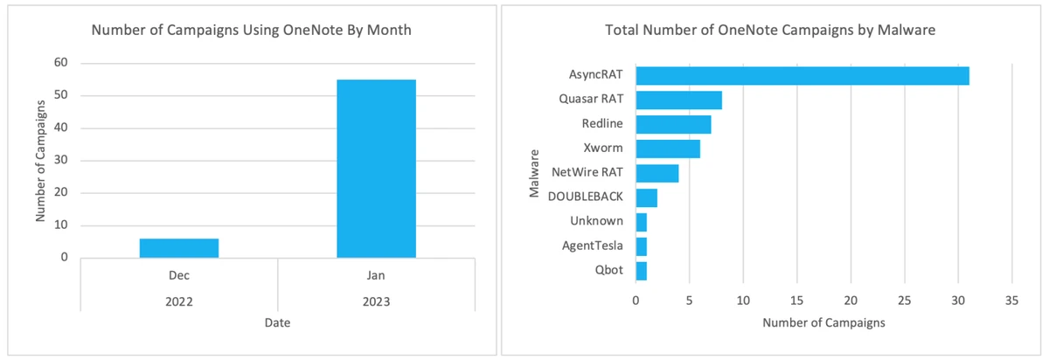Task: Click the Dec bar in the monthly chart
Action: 179,248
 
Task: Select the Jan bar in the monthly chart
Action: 376,169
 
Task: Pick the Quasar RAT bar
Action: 678,100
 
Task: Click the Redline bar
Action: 673,124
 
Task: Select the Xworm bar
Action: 668,149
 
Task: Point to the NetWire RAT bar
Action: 657,173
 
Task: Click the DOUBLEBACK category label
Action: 585,197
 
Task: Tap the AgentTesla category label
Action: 592,246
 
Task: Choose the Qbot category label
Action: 608,270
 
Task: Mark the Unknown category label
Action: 596,221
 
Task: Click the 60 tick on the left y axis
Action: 61,63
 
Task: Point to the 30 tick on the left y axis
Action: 61,161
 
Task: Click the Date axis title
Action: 277,323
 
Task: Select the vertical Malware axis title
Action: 535,173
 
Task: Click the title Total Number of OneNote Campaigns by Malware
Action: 770,31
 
